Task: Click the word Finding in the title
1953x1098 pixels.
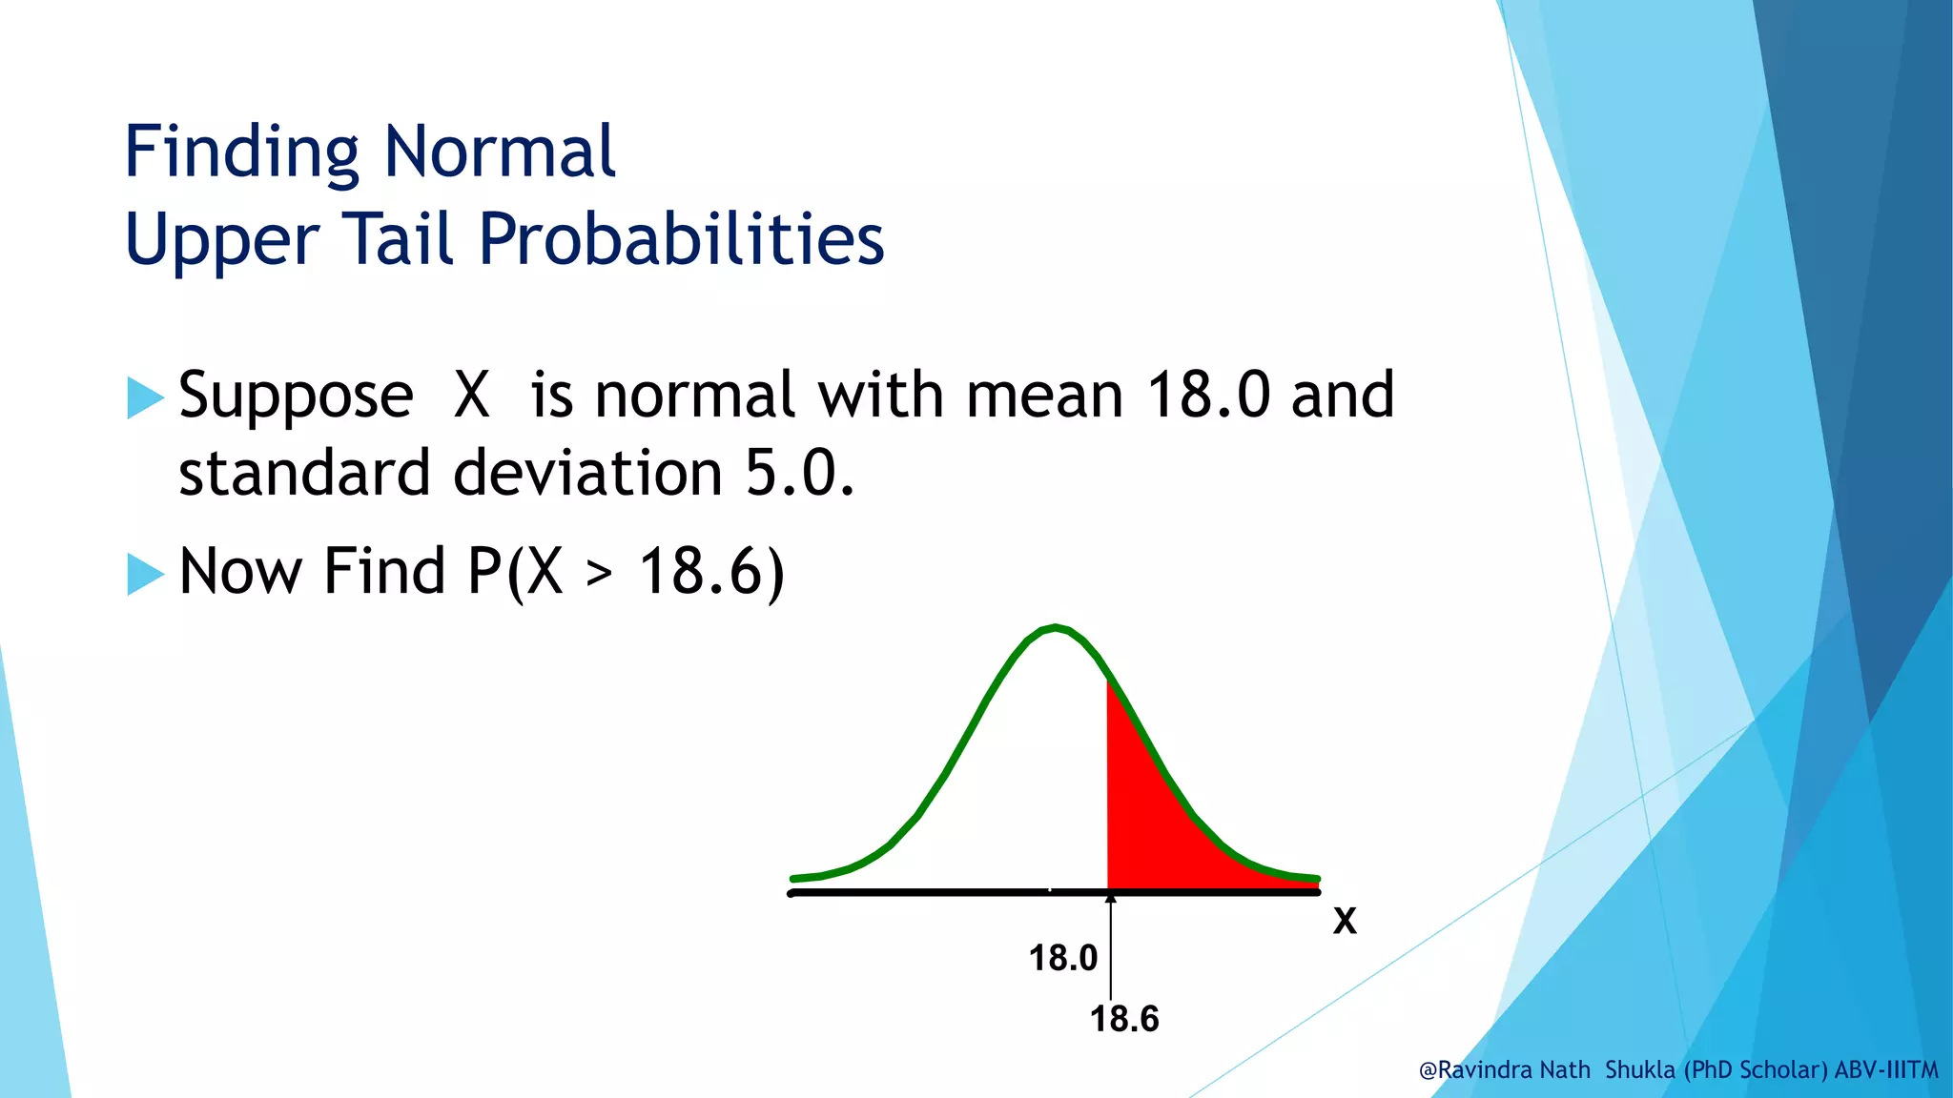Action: (x=242, y=152)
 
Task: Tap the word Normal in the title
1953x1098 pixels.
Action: (x=500, y=152)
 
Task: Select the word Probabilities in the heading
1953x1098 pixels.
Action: (x=681, y=238)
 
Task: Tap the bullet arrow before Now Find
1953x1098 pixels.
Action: (x=145, y=574)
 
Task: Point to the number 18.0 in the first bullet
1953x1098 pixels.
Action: (x=1208, y=395)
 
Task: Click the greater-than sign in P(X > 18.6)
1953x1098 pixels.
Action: (x=599, y=574)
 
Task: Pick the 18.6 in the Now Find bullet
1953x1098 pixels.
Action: (x=710, y=572)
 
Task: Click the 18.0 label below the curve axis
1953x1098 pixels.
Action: (x=1062, y=958)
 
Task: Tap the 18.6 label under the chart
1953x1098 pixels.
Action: (x=1124, y=1019)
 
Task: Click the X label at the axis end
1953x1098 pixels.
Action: (x=1345, y=922)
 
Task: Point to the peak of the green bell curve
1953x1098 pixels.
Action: (x=1055, y=628)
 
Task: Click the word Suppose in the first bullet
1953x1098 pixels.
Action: (x=296, y=396)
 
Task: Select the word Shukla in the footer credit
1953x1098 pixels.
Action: (x=1639, y=1070)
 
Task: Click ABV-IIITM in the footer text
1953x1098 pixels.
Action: (x=1886, y=1070)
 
